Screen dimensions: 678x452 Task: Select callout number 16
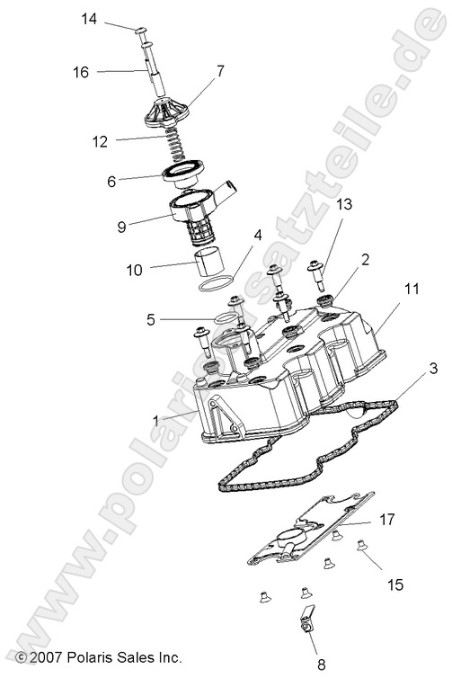pos(81,72)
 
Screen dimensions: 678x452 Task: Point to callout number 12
pos(100,140)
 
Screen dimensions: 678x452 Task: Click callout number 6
pos(111,181)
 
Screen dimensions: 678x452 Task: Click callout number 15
pos(395,584)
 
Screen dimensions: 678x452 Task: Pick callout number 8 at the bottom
pos(321,665)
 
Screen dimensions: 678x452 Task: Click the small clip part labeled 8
pos(306,620)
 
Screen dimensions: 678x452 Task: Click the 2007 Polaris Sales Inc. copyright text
pos(99,657)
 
